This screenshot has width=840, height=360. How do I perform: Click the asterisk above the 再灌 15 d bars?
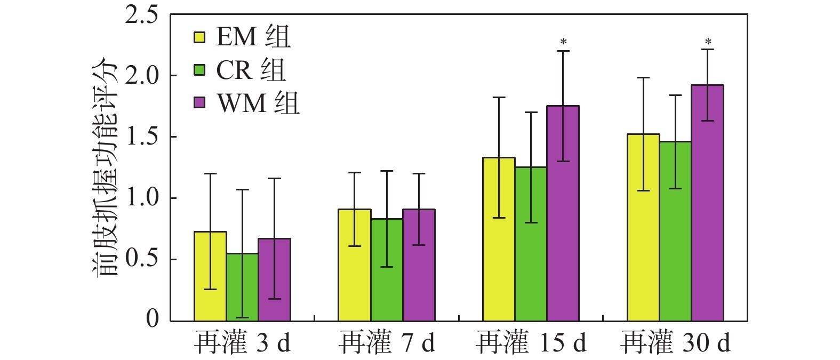563,42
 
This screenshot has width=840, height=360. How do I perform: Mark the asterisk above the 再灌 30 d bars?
708,41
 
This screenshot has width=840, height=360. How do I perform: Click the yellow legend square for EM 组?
199,37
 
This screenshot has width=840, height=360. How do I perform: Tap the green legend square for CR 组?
199,70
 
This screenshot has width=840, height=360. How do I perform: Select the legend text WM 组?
258,102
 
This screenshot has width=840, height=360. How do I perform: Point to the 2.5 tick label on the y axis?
141,15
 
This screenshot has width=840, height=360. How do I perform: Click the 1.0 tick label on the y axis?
141,198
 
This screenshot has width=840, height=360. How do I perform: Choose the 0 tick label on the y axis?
153,319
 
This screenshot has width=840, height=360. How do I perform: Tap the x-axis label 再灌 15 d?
531,343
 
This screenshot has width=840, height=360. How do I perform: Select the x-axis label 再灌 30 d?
675,343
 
